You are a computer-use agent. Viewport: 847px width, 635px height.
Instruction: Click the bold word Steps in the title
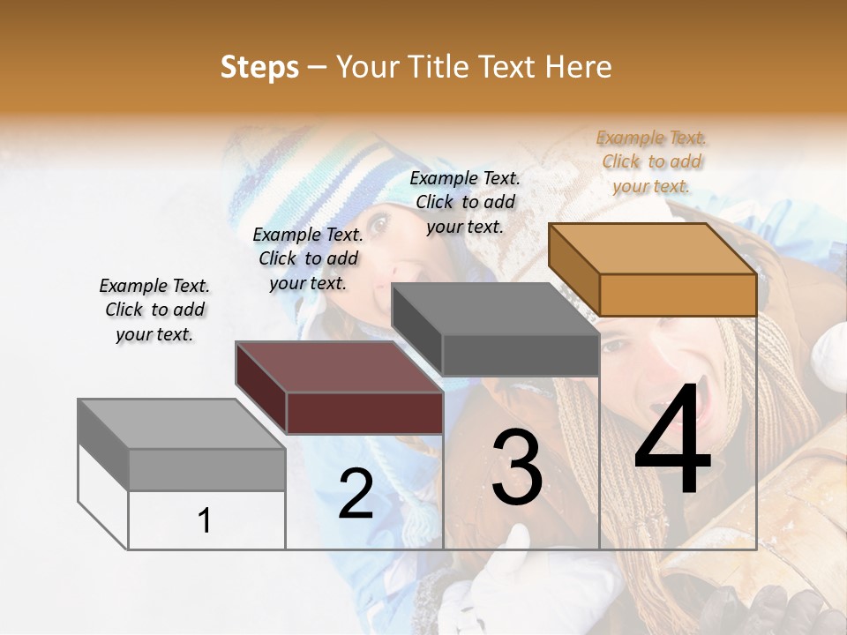click(x=259, y=67)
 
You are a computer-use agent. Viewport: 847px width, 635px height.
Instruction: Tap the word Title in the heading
click(x=438, y=67)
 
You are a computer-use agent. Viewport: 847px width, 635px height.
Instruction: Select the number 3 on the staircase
click(x=516, y=467)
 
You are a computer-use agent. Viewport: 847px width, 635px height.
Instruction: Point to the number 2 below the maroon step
click(x=356, y=495)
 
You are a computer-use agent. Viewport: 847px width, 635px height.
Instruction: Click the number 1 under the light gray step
click(x=204, y=520)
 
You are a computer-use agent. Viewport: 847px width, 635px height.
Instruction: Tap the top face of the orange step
click(x=651, y=249)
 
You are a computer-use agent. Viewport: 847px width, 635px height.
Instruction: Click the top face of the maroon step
click(x=339, y=367)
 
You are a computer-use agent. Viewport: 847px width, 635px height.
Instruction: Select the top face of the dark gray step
click(x=494, y=310)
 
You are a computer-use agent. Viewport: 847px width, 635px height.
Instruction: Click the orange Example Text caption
click(x=651, y=161)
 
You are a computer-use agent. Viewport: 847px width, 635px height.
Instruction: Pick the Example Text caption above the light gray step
click(x=154, y=310)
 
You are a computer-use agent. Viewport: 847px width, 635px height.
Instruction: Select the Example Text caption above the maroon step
click(x=308, y=258)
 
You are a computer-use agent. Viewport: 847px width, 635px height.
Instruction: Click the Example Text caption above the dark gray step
click(x=465, y=202)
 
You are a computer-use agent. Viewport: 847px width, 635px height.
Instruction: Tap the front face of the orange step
click(x=678, y=295)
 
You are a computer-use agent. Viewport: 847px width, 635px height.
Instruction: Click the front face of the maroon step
click(x=364, y=413)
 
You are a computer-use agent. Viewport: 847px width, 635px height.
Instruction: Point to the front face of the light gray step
click(x=207, y=469)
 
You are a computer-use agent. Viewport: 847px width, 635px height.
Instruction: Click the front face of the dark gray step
click(x=521, y=355)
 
